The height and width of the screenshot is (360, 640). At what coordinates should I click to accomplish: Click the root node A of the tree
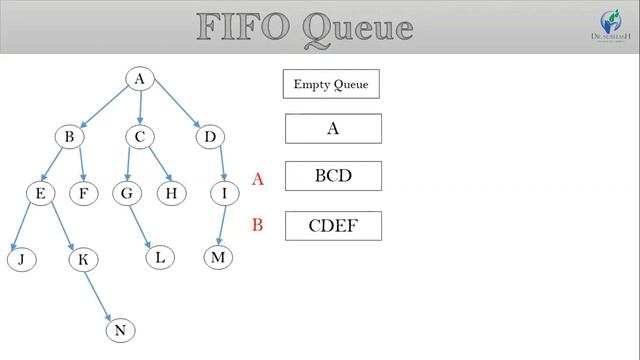tap(140, 79)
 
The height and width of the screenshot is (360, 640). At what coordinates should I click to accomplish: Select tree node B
tap(69, 136)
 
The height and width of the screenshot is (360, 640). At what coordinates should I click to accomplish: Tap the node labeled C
tap(141, 136)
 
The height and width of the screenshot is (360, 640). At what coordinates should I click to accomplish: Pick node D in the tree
tap(210, 136)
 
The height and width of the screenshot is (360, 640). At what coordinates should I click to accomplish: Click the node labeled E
tap(40, 193)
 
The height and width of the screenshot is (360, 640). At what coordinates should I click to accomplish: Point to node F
tap(84, 193)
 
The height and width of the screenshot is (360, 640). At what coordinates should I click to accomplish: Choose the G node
tap(127, 193)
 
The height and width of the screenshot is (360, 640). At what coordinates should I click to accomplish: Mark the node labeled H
tap(172, 193)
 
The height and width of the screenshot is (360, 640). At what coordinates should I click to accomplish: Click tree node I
tap(225, 193)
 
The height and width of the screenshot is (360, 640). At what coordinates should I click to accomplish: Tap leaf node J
tap(20, 260)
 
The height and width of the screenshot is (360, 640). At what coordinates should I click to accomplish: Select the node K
tap(83, 260)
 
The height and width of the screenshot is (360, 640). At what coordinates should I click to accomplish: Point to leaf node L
tap(159, 257)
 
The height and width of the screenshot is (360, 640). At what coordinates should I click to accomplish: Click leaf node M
tap(218, 257)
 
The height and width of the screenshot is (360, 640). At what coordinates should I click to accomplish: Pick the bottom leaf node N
tap(119, 329)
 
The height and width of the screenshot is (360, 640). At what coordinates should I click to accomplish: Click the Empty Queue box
tap(331, 84)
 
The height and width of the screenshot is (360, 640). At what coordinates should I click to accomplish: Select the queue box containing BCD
tap(333, 176)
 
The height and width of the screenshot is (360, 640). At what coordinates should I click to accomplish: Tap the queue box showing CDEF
tap(333, 226)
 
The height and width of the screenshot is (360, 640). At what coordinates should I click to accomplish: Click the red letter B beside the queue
tap(257, 225)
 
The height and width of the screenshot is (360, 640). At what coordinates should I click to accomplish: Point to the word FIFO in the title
tap(245, 27)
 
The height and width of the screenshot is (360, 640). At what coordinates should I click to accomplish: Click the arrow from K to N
tap(101, 294)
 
